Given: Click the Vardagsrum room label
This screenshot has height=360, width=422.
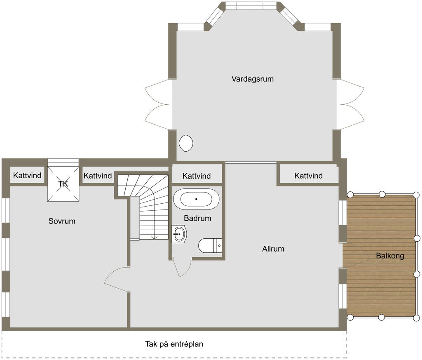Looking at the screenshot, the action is click(253, 79).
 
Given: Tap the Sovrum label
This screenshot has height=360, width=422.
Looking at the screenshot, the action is click(62, 221).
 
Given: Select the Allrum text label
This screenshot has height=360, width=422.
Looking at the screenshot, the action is click(273, 249).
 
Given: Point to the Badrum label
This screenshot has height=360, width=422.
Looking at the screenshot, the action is click(197, 218).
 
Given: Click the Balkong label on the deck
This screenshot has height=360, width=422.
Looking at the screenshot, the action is click(390, 256).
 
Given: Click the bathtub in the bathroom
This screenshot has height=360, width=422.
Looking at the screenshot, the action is click(196, 199).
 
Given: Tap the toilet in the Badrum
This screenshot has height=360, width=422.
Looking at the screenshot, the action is click(210, 245).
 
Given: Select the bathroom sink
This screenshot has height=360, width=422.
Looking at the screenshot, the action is click(179, 234).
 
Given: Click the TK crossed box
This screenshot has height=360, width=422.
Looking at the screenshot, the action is click(63, 184).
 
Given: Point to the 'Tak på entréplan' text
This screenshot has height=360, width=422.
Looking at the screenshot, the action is click(174, 344).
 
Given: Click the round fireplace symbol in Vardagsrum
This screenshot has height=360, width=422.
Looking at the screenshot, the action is click(186, 143).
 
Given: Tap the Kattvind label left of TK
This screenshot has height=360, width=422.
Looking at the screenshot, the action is click(27, 175).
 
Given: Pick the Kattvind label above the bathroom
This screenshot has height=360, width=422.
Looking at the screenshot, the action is click(197, 176).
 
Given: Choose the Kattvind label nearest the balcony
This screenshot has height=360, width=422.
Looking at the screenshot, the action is click(308, 176).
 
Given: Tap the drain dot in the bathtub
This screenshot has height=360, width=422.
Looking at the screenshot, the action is click(196, 199).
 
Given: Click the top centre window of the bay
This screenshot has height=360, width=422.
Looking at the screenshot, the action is click(251, 6).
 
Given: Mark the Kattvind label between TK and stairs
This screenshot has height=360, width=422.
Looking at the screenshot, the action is click(98, 176).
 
